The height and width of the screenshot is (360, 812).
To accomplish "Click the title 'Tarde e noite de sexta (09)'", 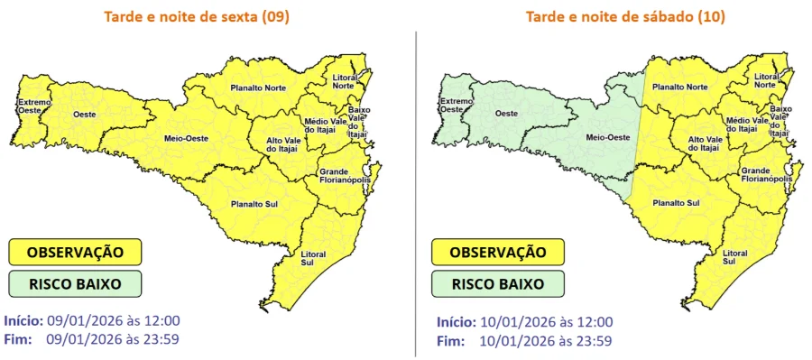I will click(196, 17).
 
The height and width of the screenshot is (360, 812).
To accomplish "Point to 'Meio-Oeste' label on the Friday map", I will click(182, 138).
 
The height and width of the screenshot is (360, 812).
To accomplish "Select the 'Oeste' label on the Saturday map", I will click(507, 114).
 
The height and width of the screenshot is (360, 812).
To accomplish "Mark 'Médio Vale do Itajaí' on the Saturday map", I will click(746, 125).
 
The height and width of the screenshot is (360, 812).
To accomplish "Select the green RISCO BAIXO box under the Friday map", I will click(76, 283).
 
